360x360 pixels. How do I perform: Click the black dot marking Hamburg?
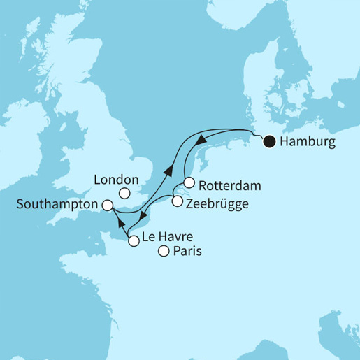pos(269,142)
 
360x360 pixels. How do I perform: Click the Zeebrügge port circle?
pos(177,201)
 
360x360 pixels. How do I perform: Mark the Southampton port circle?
pos(108,206)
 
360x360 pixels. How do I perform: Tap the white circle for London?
pos(124,194)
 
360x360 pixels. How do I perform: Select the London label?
pos(115,179)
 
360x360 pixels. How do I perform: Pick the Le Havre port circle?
pos(133,241)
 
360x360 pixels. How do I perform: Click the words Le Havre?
pos(167,238)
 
